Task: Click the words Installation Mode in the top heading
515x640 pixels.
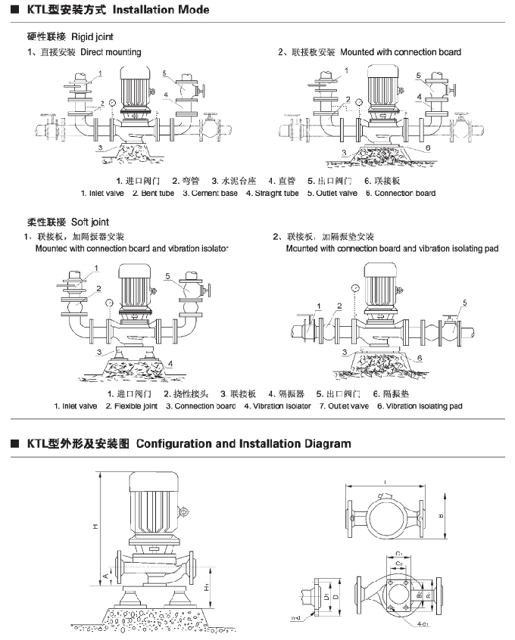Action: (161, 11)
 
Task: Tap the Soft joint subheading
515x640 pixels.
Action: (90, 222)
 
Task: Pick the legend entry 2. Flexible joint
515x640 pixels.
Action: (131, 406)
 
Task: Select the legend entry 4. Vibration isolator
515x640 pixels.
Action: (277, 406)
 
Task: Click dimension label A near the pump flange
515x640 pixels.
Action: (108, 578)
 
